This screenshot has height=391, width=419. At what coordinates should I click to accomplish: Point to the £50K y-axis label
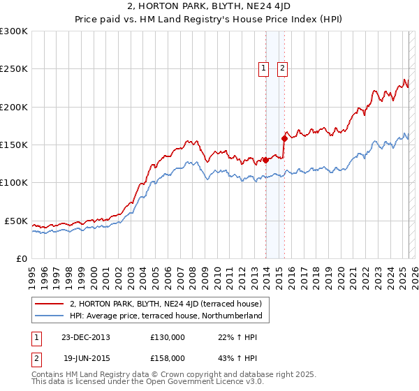point(15,221)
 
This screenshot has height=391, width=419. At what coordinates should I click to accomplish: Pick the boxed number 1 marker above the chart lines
point(264,68)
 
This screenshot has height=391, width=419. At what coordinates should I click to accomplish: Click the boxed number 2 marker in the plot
point(282,68)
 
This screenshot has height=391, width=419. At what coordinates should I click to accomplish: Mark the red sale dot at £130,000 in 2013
point(266,160)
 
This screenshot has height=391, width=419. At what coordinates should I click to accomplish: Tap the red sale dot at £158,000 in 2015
point(284,138)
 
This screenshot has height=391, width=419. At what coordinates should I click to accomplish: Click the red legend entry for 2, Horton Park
point(166,304)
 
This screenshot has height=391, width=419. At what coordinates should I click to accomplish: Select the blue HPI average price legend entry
point(166,316)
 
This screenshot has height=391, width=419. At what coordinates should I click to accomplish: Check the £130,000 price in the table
point(168,337)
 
